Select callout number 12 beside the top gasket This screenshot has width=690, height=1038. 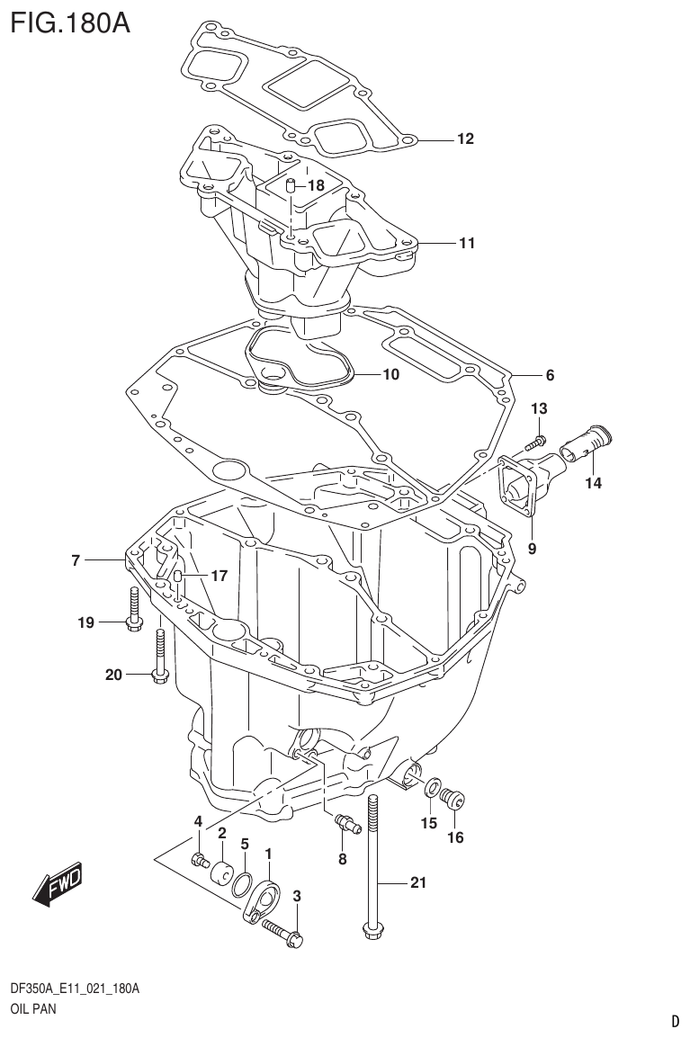(464, 139)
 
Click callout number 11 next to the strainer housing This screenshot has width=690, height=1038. (466, 243)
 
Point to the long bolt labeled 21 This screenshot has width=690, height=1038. (373, 864)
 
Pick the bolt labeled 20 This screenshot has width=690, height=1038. (159, 656)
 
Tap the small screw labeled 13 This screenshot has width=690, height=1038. (537, 441)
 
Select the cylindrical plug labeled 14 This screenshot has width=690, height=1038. (585, 442)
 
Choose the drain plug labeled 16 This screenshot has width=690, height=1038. (455, 796)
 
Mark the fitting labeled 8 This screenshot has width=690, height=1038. (344, 820)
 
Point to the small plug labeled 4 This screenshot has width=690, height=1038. (198, 860)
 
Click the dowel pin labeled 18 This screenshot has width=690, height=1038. (291, 187)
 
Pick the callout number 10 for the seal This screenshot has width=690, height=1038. (390, 374)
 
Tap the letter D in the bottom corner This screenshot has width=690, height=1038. (675, 1021)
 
